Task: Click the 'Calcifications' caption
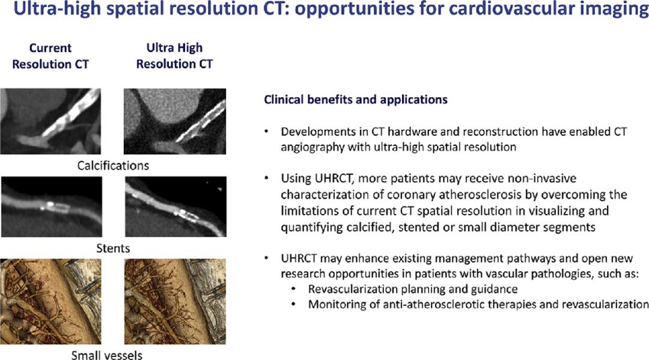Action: click(x=112, y=165)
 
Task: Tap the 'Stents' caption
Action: click(x=113, y=248)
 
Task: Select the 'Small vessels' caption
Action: click(x=107, y=355)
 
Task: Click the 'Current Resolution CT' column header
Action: click(x=50, y=56)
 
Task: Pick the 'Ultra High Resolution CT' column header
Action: click(x=174, y=55)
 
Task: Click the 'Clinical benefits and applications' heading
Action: click(x=356, y=99)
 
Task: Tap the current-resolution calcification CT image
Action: click(x=50, y=121)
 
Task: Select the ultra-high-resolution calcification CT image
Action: click(x=175, y=121)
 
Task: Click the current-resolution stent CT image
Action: click(x=51, y=207)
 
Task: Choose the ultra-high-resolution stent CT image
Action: click(x=175, y=207)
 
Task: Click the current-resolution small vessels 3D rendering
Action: click(x=50, y=302)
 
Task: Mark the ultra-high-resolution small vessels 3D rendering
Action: click(x=175, y=302)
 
